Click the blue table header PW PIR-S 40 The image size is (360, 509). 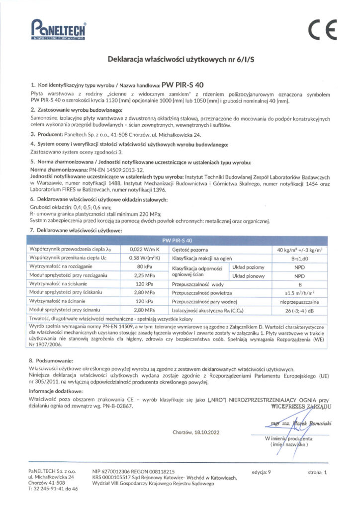tap(180, 239)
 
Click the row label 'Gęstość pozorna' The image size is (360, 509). tap(189, 249)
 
